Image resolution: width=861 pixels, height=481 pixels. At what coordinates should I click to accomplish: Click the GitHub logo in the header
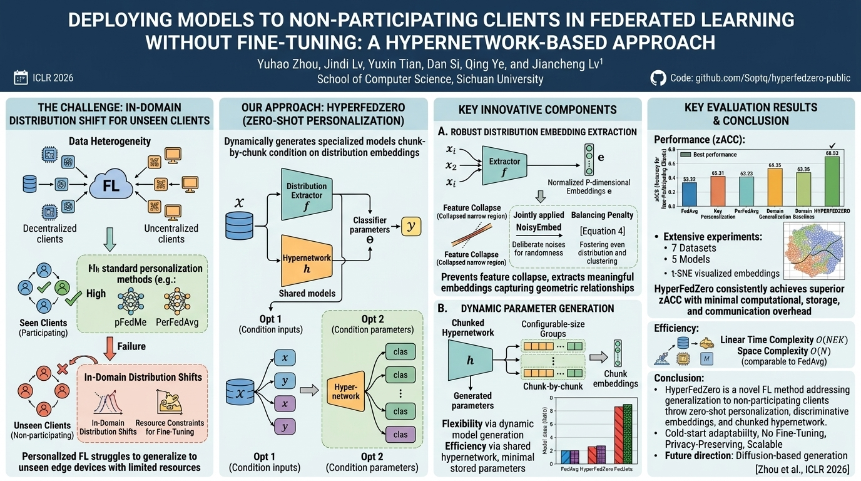pyautogui.click(x=658, y=78)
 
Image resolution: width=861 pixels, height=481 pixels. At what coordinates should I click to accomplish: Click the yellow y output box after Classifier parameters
pyautogui.click(x=411, y=225)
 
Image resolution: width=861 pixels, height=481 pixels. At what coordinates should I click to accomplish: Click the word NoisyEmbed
pyautogui.click(x=538, y=228)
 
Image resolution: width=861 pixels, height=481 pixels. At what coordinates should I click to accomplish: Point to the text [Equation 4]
pyautogui.click(x=603, y=231)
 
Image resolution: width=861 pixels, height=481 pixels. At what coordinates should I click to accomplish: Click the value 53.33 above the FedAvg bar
pyautogui.click(x=688, y=179)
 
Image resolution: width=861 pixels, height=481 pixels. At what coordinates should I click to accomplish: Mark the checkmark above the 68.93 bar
pyautogui.click(x=832, y=145)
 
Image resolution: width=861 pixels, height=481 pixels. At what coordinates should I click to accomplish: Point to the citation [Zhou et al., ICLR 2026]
pyautogui.click(x=803, y=469)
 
